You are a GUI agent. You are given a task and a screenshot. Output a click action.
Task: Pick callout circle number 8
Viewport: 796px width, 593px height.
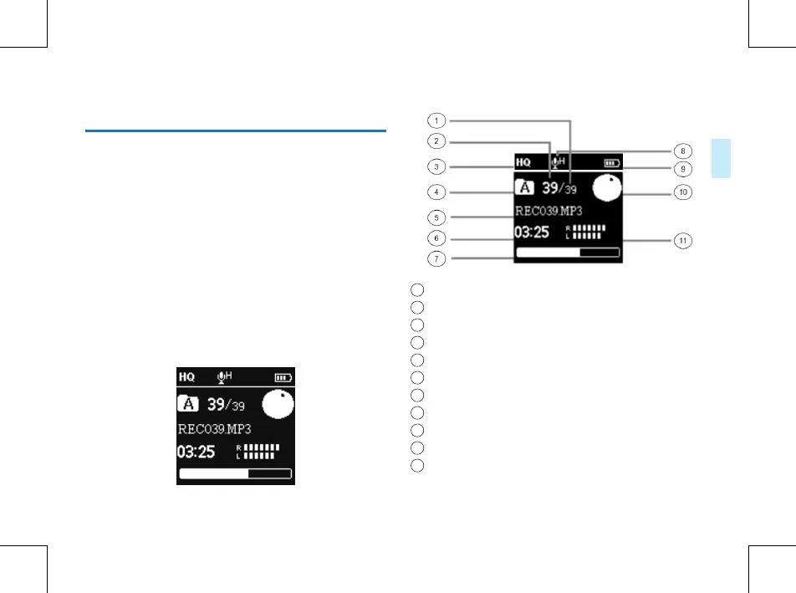683,151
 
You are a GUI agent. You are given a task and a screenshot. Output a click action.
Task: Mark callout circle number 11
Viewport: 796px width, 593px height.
683,241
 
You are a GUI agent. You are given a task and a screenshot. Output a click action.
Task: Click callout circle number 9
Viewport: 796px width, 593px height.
683,169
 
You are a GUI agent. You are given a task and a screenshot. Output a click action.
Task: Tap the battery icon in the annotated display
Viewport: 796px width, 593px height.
612,164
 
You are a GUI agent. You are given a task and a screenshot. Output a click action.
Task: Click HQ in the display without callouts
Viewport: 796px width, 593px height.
187,377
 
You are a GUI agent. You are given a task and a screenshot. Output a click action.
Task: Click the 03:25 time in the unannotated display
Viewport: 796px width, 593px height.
195,452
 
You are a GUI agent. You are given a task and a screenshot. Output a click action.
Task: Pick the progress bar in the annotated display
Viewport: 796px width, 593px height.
568,251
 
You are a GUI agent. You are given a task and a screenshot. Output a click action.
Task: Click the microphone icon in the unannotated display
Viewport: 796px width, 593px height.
222,377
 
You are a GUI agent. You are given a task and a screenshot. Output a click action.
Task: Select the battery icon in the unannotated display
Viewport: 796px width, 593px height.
284,378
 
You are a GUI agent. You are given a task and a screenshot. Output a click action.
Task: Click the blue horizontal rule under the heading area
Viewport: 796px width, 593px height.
237,130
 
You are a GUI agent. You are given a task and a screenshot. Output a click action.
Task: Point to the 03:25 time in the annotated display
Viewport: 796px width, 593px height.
532,231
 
